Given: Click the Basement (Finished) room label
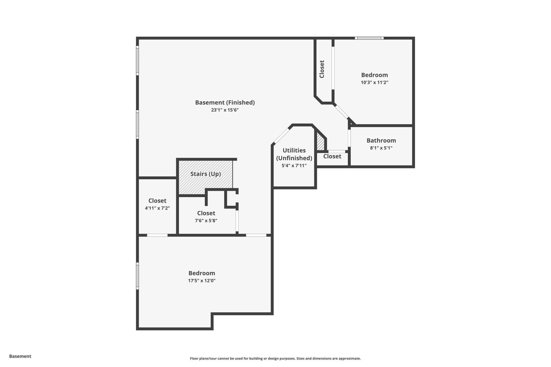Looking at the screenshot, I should pyautogui.click(x=225, y=102).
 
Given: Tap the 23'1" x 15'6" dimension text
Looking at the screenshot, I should pyautogui.click(x=225, y=110).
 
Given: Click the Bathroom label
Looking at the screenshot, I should pyautogui.click(x=381, y=140).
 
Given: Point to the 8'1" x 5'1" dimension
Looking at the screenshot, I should pyautogui.click(x=381, y=148).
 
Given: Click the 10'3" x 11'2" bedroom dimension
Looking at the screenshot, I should pyautogui.click(x=374, y=83).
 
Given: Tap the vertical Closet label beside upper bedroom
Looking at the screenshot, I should pyautogui.click(x=322, y=69).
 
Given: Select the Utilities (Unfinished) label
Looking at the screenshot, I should pyautogui.click(x=294, y=154).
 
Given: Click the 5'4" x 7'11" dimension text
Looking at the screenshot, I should pyautogui.click(x=294, y=166).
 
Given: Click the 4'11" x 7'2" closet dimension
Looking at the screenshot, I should pyautogui.click(x=157, y=208).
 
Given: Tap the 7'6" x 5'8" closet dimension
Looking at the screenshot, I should pyautogui.click(x=206, y=221).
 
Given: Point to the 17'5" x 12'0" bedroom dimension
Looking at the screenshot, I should pyautogui.click(x=202, y=281).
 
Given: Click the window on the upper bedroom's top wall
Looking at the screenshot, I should pyautogui.click(x=369, y=38).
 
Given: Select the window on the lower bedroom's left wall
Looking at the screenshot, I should pyautogui.click(x=137, y=276).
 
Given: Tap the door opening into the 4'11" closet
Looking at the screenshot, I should pyautogui.click(x=157, y=235).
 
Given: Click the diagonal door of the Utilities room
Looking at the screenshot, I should pyautogui.click(x=282, y=136).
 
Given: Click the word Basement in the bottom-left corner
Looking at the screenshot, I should pyautogui.click(x=20, y=356).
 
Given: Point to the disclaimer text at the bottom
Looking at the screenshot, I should pyautogui.click(x=275, y=358).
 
